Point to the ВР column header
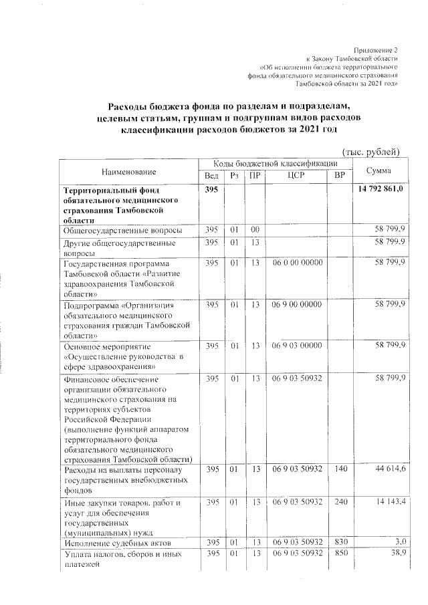click(340, 176)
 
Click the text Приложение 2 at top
click(377, 51)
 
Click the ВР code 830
click(340, 544)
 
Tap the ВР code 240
click(340, 501)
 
